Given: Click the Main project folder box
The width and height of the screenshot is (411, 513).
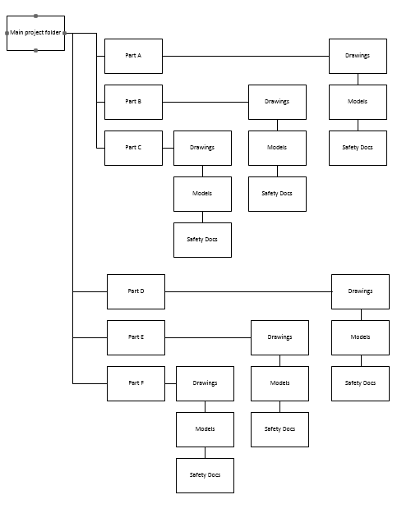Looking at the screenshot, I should (x=35, y=33).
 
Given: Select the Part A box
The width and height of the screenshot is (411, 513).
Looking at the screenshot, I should (x=133, y=56).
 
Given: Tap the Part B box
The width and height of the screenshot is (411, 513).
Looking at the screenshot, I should (x=133, y=102).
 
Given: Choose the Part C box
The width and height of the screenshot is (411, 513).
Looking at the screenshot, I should (x=133, y=148).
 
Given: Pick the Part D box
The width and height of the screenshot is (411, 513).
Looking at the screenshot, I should (x=136, y=291).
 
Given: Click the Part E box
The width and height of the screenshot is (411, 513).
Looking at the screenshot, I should (x=136, y=337).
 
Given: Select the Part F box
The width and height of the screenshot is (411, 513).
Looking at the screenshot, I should (x=136, y=383).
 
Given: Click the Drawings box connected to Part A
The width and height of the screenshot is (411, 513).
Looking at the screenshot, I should (x=358, y=56).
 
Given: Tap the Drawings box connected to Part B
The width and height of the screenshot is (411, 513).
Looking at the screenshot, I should (x=277, y=102).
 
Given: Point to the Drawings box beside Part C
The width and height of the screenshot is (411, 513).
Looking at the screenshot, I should (x=202, y=148).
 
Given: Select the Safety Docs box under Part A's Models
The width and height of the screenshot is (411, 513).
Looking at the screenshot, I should (x=358, y=148).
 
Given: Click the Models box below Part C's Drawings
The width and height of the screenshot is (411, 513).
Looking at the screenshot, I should (x=202, y=194).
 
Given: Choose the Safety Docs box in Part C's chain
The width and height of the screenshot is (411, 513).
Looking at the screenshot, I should (x=202, y=240).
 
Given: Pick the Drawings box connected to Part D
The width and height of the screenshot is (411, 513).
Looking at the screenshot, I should (x=360, y=291).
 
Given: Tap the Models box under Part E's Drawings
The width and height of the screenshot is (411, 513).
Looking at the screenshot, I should (x=279, y=383).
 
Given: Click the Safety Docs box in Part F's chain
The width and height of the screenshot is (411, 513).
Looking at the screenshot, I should (x=205, y=475).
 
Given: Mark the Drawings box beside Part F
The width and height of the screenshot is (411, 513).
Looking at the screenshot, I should (x=205, y=383).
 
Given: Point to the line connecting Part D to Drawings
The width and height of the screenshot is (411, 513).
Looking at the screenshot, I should (x=247, y=291).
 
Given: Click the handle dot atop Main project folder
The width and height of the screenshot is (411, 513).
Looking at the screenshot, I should (x=35, y=16).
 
